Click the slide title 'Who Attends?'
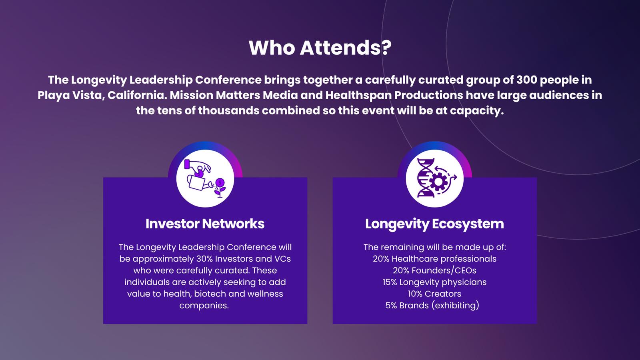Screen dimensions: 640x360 click(320, 48)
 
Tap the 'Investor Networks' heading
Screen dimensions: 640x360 click(205, 224)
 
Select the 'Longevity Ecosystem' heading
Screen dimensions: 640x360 click(434, 224)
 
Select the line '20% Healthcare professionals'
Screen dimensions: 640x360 click(434, 259)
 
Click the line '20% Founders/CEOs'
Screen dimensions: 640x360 click(434, 270)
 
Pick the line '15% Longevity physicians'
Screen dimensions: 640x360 click(434, 282)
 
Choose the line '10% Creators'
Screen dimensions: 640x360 click(434, 294)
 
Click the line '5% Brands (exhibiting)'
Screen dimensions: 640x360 click(432, 306)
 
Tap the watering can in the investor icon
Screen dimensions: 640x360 click(198, 182)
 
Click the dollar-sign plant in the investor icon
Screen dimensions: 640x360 click(220, 188)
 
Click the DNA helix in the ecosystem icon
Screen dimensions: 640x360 click(426, 178)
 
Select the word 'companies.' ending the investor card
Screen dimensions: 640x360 click(204, 306)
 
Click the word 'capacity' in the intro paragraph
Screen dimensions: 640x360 click(474, 111)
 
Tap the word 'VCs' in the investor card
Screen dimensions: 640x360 click(282, 259)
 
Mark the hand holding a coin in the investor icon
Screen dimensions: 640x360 click(198, 168)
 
